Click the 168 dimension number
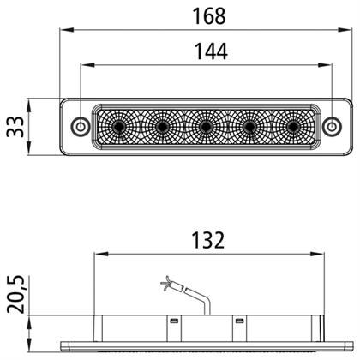[209, 16]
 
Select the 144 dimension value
[211, 51]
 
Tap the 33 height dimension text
[15, 127]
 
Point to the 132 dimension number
[207, 240]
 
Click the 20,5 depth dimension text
[15, 294]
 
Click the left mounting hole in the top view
[81, 126]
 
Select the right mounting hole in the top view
[332, 126]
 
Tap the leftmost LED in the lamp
[118, 126]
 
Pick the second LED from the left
[162, 126]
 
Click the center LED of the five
[206, 126]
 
